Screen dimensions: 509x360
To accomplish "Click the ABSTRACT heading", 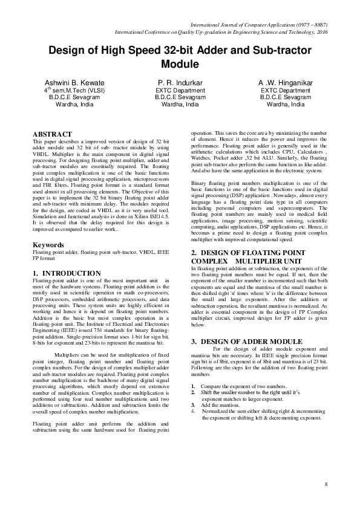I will pyautogui.click(x=52, y=134).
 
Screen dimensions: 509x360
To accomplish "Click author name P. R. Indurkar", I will pyautogui.click(x=180, y=82).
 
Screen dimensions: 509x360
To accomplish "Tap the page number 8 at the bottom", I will pyautogui.click(x=326, y=485).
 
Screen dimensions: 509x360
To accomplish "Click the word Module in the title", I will pyautogui.click(x=180, y=63).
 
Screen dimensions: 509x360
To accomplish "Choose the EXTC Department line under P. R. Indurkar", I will pyautogui.click(x=180, y=89).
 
